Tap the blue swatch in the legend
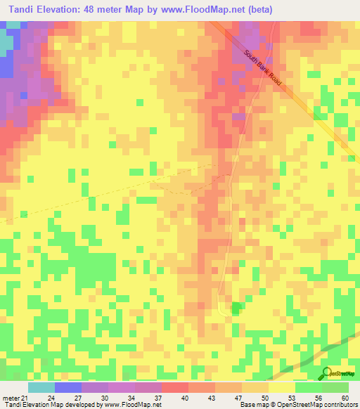click(68, 387)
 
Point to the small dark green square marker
click(235, 307)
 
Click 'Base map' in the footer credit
click(252, 404)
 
